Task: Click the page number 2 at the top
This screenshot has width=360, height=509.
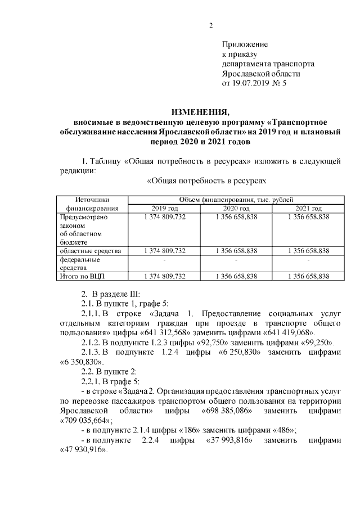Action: tap(211, 25)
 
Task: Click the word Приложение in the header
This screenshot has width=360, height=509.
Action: tap(245, 44)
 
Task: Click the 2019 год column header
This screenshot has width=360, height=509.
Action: tap(165, 209)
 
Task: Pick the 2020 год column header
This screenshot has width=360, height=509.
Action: tap(236, 209)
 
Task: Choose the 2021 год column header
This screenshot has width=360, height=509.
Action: tap(308, 209)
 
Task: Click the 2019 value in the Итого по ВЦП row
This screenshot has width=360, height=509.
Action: tap(165, 276)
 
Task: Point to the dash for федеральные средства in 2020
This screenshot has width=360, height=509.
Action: tap(236, 260)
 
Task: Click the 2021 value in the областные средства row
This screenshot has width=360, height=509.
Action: tap(308, 250)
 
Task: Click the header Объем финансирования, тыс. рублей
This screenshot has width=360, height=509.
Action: tap(236, 200)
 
